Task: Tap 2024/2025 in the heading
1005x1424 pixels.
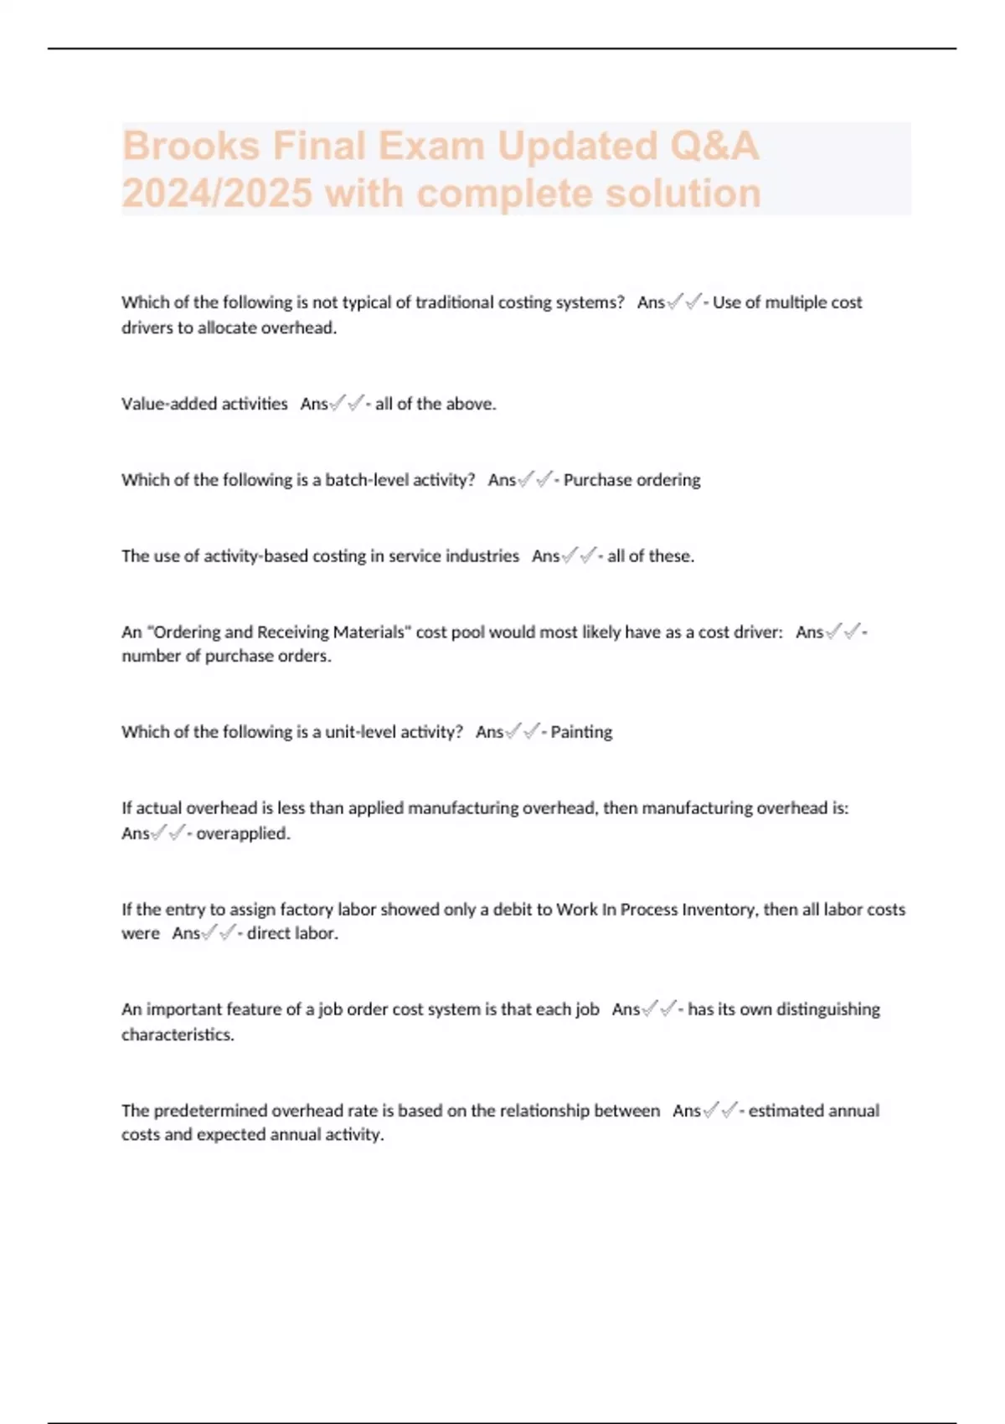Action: [x=217, y=194]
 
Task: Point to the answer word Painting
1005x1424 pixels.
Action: [x=581, y=732]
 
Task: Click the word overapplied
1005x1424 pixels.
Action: [x=243, y=834]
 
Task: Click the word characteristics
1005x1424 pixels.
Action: [x=178, y=1034]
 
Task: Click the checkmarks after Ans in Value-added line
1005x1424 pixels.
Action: [x=347, y=404]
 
